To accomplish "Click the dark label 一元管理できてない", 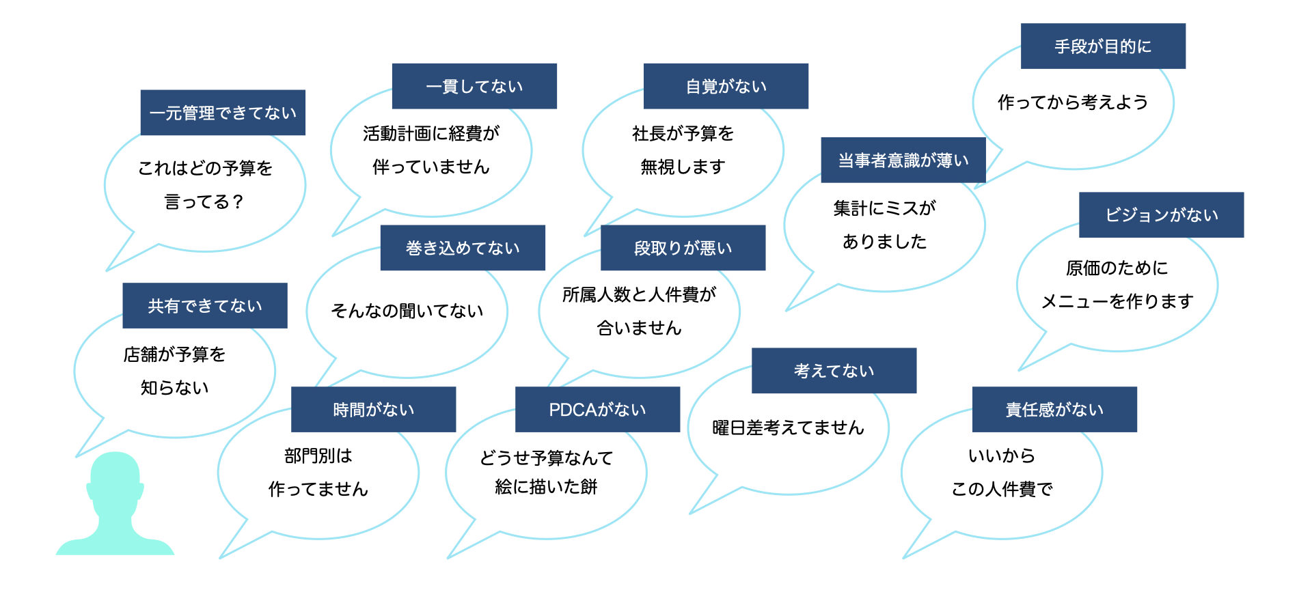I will (x=223, y=113).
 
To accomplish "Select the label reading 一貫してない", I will (x=474, y=86).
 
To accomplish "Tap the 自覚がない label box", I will (x=726, y=86).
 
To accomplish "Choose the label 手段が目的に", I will (x=1103, y=46).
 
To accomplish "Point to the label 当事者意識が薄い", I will (x=903, y=160).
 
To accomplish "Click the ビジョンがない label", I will (x=1161, y=215).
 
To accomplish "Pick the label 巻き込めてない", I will (x=463, y=248).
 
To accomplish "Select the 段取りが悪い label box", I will (x=683, y=248).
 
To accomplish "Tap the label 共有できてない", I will (x=205, y=306).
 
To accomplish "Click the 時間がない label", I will (x=373, y=410).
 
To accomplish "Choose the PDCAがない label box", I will (x=597, y=410).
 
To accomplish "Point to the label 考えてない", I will (x=834, y=371).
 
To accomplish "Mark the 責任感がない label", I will (x=1054, y=410).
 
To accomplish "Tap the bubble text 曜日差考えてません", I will (x=788, y=428).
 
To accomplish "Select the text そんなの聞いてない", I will (x=407, y=311).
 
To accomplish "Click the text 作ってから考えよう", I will (x=1073, y=102).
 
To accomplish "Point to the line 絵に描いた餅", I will (x=546, y=487).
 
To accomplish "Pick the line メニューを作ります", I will (x=1117, y=301).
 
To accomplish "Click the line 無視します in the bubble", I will (x=683, y=167).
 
